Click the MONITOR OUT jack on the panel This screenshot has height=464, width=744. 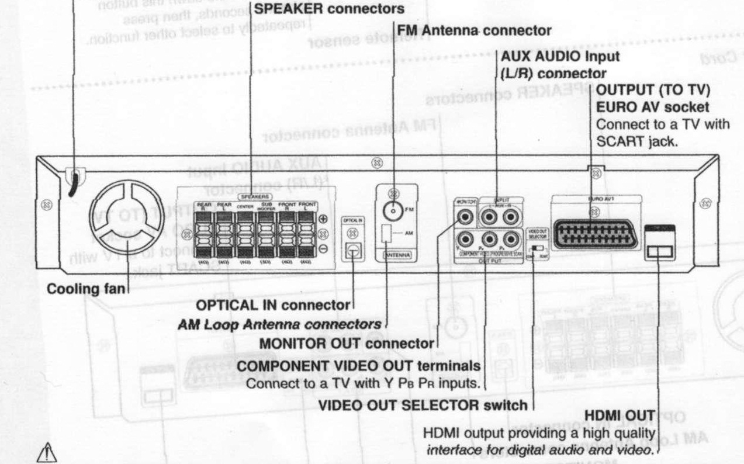coord(466,218)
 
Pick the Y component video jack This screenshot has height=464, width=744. coord(466,240)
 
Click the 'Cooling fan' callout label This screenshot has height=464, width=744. coord(86,289)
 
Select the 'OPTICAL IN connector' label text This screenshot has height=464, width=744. coord(273,305)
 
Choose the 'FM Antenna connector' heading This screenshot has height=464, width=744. coord(474,30)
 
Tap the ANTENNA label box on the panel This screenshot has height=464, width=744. coord(398,255)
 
